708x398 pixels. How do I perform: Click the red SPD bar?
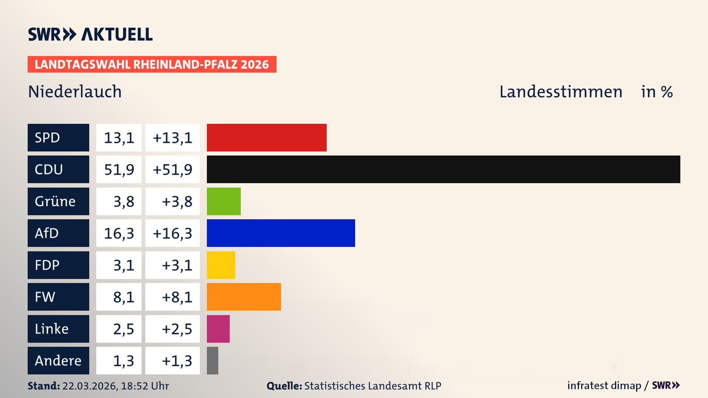click(267, 137)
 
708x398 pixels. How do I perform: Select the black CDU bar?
click(443, 169)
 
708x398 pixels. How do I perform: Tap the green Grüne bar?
click(223, 201)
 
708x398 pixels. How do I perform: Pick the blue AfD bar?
click(281, 233)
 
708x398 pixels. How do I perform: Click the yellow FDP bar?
click(221, 265)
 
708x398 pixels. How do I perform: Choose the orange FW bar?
click(244, 297)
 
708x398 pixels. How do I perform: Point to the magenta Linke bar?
click(218, 329)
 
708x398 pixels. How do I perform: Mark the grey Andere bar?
click(212, 360)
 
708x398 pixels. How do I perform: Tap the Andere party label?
click(58, 360)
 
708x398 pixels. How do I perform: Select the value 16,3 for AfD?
click(119, 233)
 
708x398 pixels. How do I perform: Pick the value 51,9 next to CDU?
click(119, 169)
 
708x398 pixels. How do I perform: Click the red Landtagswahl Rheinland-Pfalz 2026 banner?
click(152, 64)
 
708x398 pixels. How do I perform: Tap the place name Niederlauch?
click(75, 91)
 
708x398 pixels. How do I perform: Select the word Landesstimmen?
click(560, 91)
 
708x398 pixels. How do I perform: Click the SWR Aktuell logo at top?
click(90, 34)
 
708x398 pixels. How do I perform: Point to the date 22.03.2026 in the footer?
click(90, 386)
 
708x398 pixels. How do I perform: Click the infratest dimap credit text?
click(604, 385)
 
